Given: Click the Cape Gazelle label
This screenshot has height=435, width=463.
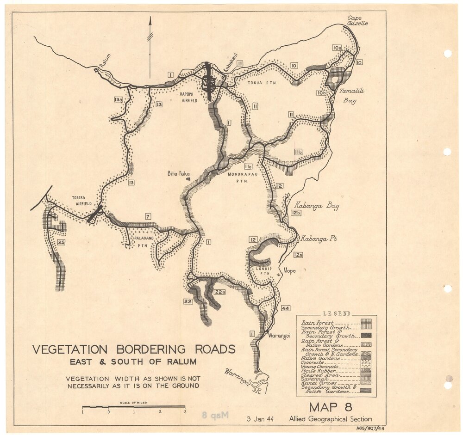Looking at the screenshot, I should click(357, 20).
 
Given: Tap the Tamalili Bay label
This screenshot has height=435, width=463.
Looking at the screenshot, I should click(352, 96).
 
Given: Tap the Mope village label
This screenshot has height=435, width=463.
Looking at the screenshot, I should click(289, 271).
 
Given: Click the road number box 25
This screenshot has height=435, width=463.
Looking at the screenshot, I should click(61, 242).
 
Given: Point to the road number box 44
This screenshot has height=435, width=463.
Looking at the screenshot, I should click(286, 308).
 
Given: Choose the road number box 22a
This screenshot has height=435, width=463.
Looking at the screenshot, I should click(219, 292).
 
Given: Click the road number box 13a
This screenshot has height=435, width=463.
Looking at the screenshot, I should click(118, 99).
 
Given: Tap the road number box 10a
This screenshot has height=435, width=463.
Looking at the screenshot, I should click(337, 48).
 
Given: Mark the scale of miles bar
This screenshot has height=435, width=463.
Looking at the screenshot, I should click(133, 407).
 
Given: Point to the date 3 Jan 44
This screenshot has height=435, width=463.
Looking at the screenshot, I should click(260, 419).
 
